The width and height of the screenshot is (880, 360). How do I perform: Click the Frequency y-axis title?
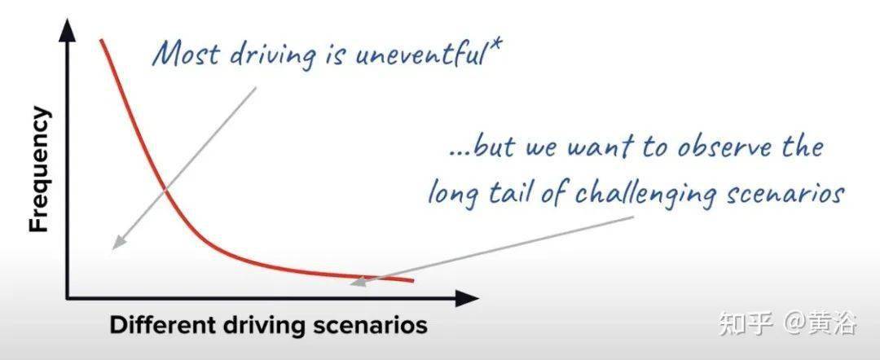tap(39, 169)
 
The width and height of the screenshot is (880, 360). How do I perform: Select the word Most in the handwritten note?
tap(185, 55)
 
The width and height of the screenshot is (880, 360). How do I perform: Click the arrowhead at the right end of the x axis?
tap(467, 298)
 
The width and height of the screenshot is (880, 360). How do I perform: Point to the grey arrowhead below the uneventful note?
tap(118, 241)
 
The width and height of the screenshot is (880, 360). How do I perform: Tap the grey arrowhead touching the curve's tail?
tap(359, 281)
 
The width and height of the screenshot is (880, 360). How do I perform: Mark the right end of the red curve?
tap(412, 280)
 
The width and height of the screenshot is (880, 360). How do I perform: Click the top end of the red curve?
tap(102, 41)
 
